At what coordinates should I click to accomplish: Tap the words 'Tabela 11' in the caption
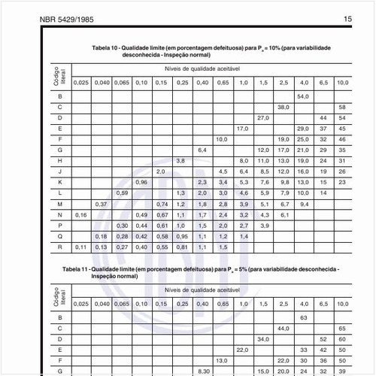(x=77, y=268)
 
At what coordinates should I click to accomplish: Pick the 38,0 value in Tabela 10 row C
(x=284, y=108)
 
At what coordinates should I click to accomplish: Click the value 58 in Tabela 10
(x=342, y=108)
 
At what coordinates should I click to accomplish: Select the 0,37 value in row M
(x=102, y=204)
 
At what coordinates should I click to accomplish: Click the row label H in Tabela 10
(x=59, y=161)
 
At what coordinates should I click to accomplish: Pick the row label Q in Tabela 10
(x=59, y=236)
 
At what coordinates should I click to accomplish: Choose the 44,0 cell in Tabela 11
(x=284, y=329)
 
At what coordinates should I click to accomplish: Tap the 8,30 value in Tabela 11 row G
(x=202, y=371)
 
